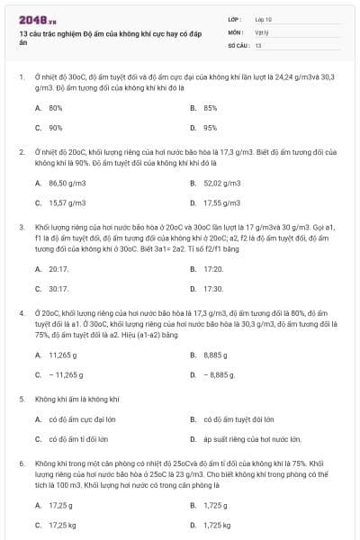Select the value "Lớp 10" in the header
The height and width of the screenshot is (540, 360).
263,19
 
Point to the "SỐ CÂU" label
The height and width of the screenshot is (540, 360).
237,43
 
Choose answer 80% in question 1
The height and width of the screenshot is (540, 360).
55,107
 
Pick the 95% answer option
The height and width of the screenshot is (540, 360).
210,128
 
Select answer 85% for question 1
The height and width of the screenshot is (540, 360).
210,107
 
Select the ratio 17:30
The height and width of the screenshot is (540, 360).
212,289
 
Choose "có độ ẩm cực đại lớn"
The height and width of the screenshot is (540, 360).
82,418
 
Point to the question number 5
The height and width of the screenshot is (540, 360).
22,397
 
